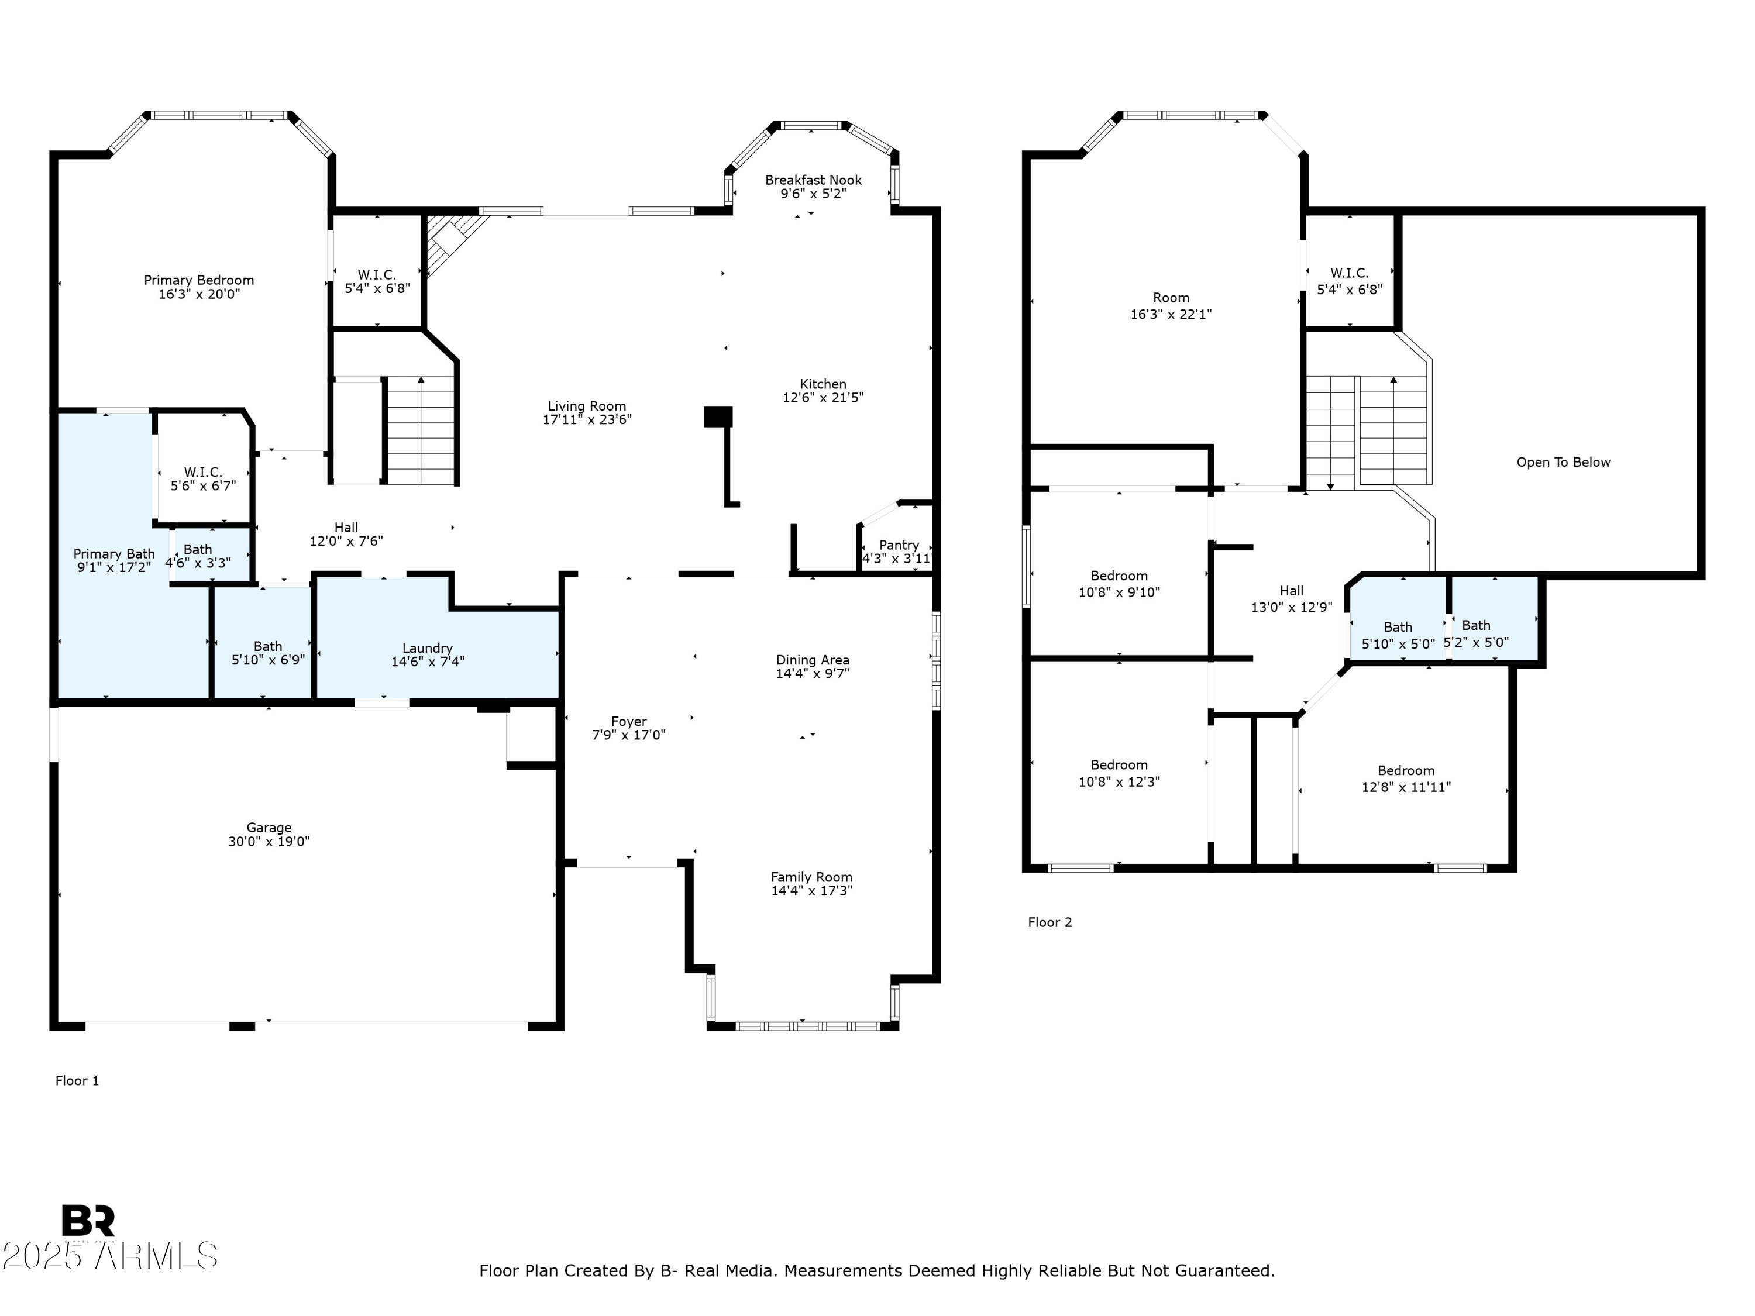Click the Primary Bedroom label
click(x=198, y=280)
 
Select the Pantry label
click(x=899, y=545)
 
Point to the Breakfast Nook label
click(x=813, y=180)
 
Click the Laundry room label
click(x=427, y=648)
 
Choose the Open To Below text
click(x=1563, y=463)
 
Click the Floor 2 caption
click(x=1049, y=922)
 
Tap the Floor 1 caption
click(x=77, y=1080)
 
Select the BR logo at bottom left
click(x=88, y=1221)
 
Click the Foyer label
click(x=628, y=721)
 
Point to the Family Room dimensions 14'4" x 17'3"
click(x=811, y=891)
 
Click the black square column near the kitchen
click(x=718, y=417)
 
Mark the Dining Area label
click(x=813, y=660)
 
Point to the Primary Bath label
click(x=114, y=554)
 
